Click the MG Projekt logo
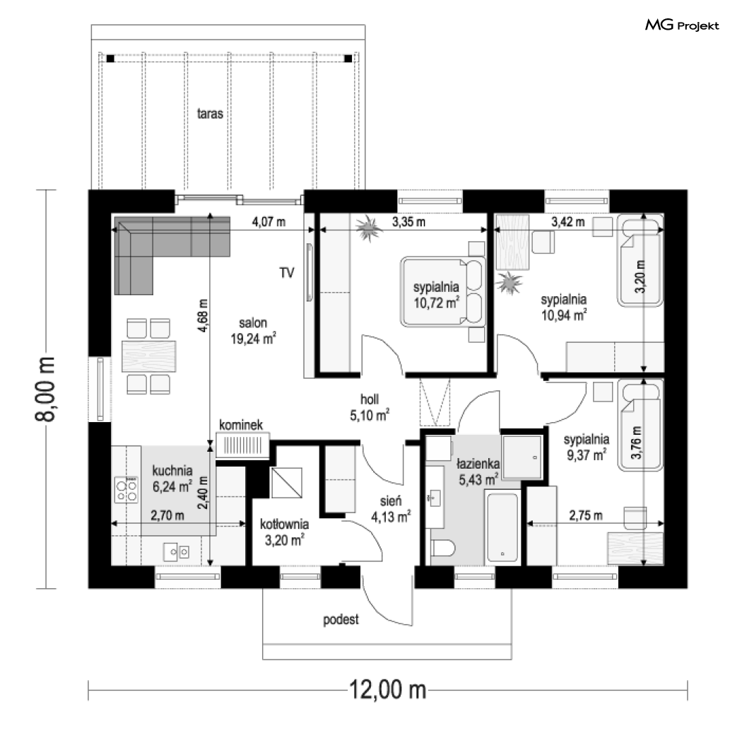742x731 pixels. coord(682,26)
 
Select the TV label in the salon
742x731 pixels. coord(286,272)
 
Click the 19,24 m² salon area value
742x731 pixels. coord(252,339)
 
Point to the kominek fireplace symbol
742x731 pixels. coord(242,445)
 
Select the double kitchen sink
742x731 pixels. coord(177,550)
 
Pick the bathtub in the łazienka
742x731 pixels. coord(501,527)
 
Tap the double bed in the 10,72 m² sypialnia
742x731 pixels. coord(442,291)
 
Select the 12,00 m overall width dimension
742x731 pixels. coord(388,686)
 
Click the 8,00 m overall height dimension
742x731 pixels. coord(47,388)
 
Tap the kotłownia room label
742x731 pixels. coord(284,525)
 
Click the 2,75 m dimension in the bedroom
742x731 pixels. coord(586,516)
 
